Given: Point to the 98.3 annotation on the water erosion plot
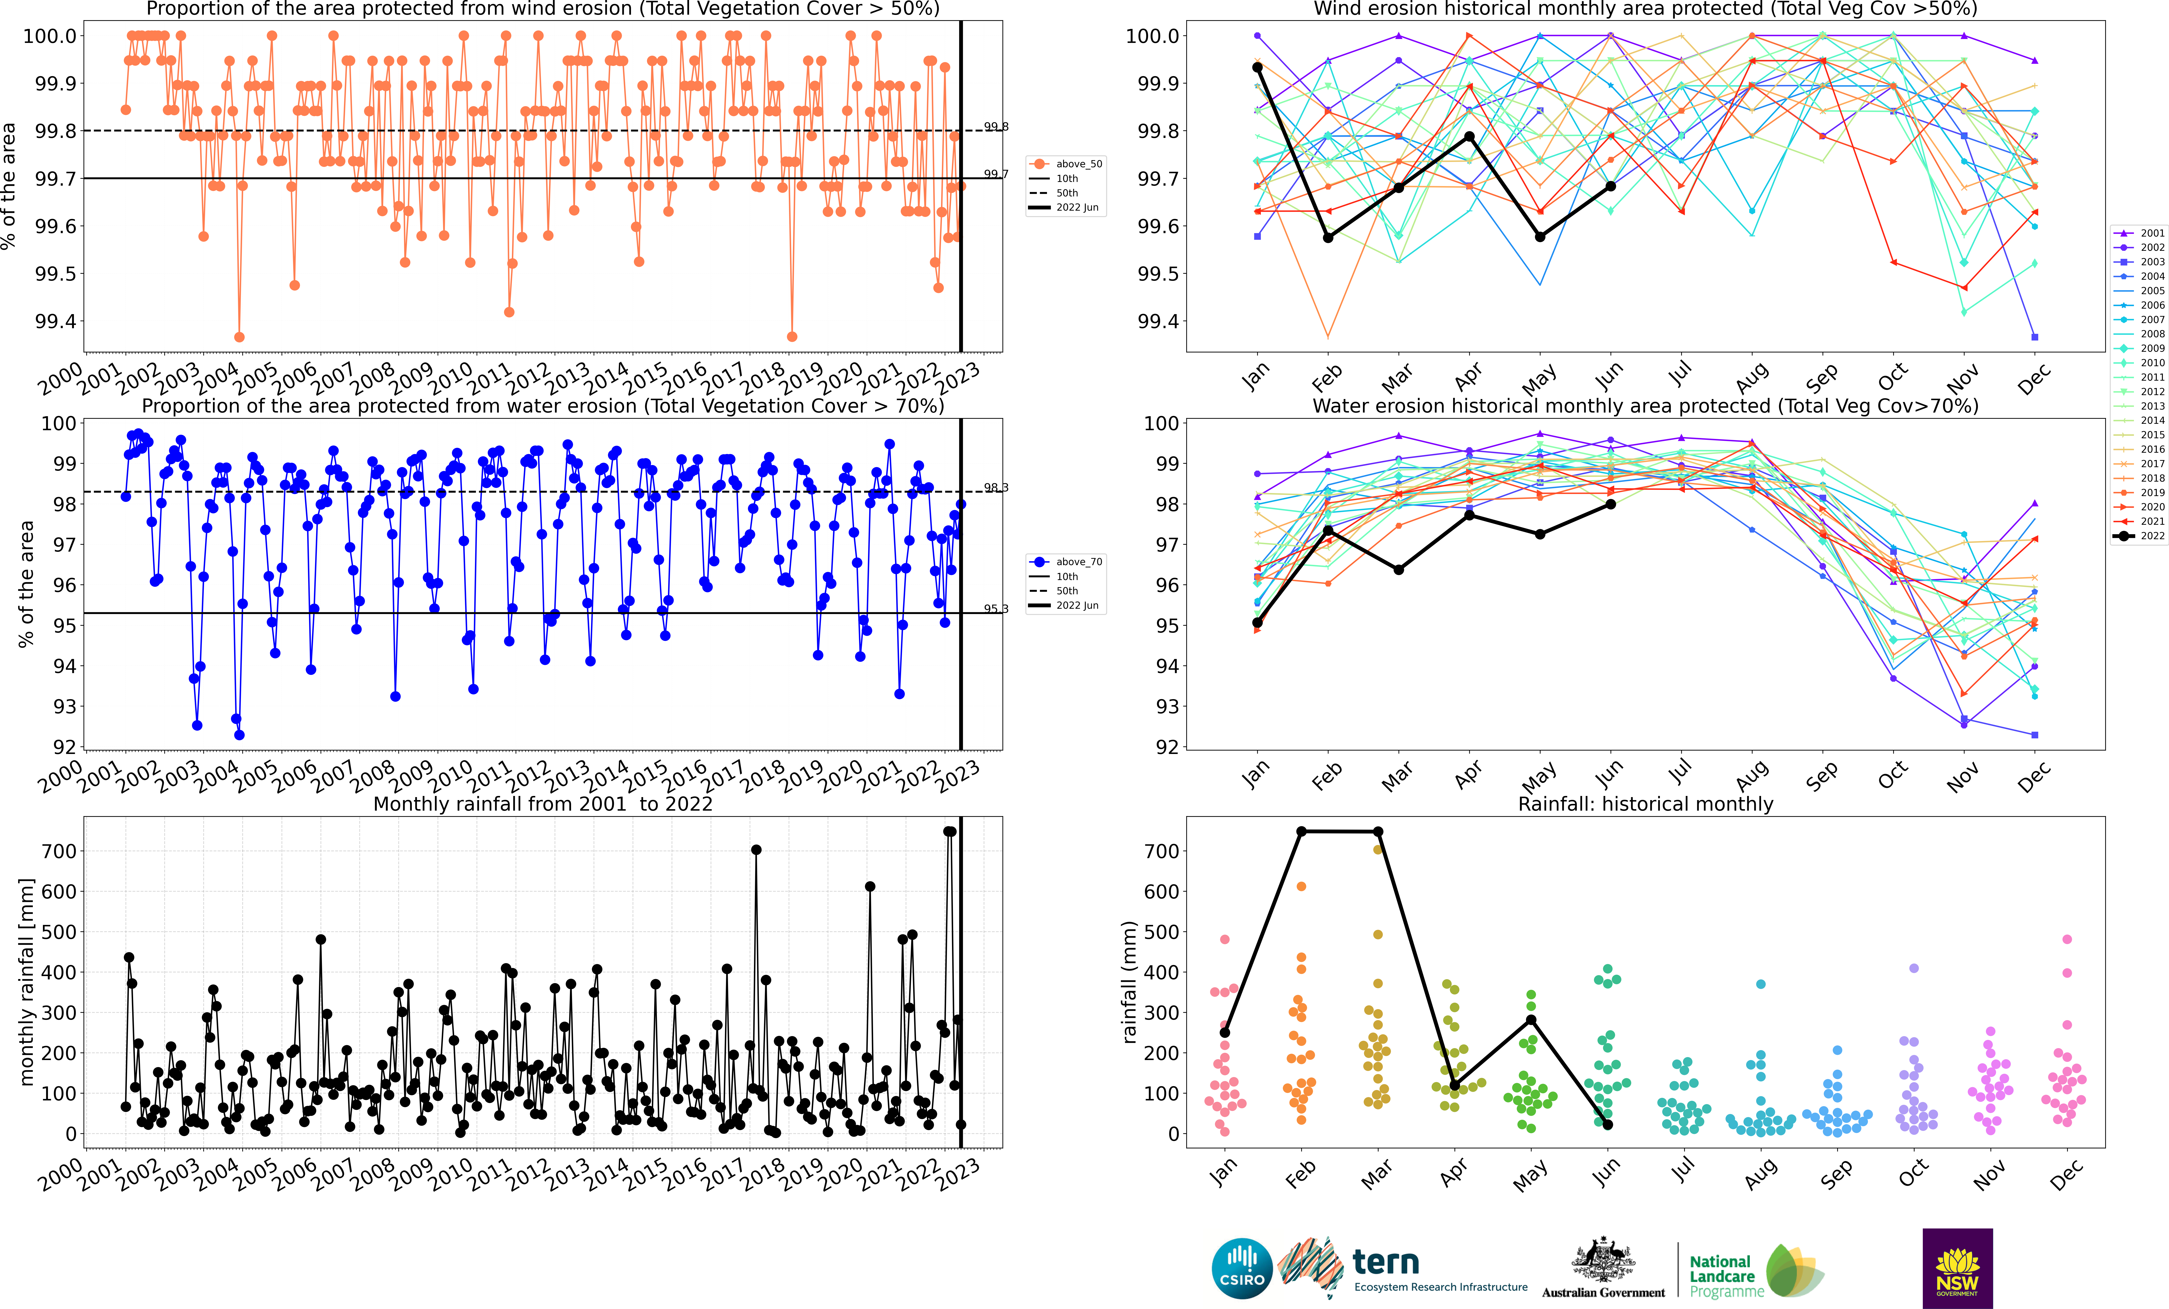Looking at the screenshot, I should coord(996,488).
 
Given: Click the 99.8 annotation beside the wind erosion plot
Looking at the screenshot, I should coord(996,127).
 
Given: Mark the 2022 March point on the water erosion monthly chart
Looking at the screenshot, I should coord(1399,569).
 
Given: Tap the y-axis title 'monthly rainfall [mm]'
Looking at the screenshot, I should coord(26,982).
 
